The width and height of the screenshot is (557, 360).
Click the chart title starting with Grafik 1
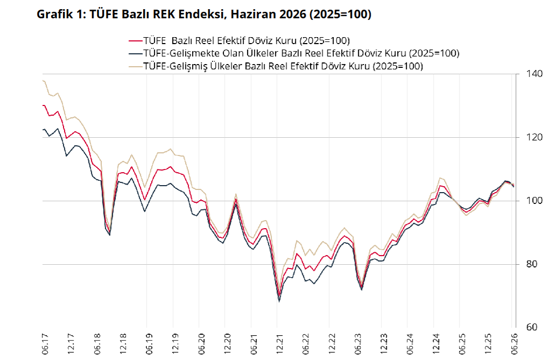click(x=204, y=14)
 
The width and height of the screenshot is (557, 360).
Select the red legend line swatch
click(x=135, y=40)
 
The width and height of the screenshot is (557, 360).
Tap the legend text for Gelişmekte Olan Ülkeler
click(x=301, y=53)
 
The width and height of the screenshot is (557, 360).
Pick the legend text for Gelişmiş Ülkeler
click(x=283, y=66)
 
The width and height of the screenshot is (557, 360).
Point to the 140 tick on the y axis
click(x=534, y=74)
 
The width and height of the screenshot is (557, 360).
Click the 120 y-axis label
click(x=534, y=137)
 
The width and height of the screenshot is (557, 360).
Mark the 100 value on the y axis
click(x=534, y=201)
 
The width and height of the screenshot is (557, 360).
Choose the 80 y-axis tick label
click(x=531, y=264)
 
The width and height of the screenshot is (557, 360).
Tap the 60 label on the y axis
click(x=531, y=327)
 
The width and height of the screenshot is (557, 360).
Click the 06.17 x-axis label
click(x=45, y=344)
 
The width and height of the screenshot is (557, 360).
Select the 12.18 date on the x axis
click(x=123, y=344)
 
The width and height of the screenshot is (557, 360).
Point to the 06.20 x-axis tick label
click(x=201, y=344)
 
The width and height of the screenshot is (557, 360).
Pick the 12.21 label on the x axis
click(x=280, y=344)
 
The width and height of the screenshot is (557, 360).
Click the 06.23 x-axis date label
click(x=358, y=344)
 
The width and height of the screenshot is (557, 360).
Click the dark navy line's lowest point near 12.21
click(x=279, y=302)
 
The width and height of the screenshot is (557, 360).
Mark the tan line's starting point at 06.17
click(x=43, y=81)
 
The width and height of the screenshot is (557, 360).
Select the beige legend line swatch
click(x=135, y=66)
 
